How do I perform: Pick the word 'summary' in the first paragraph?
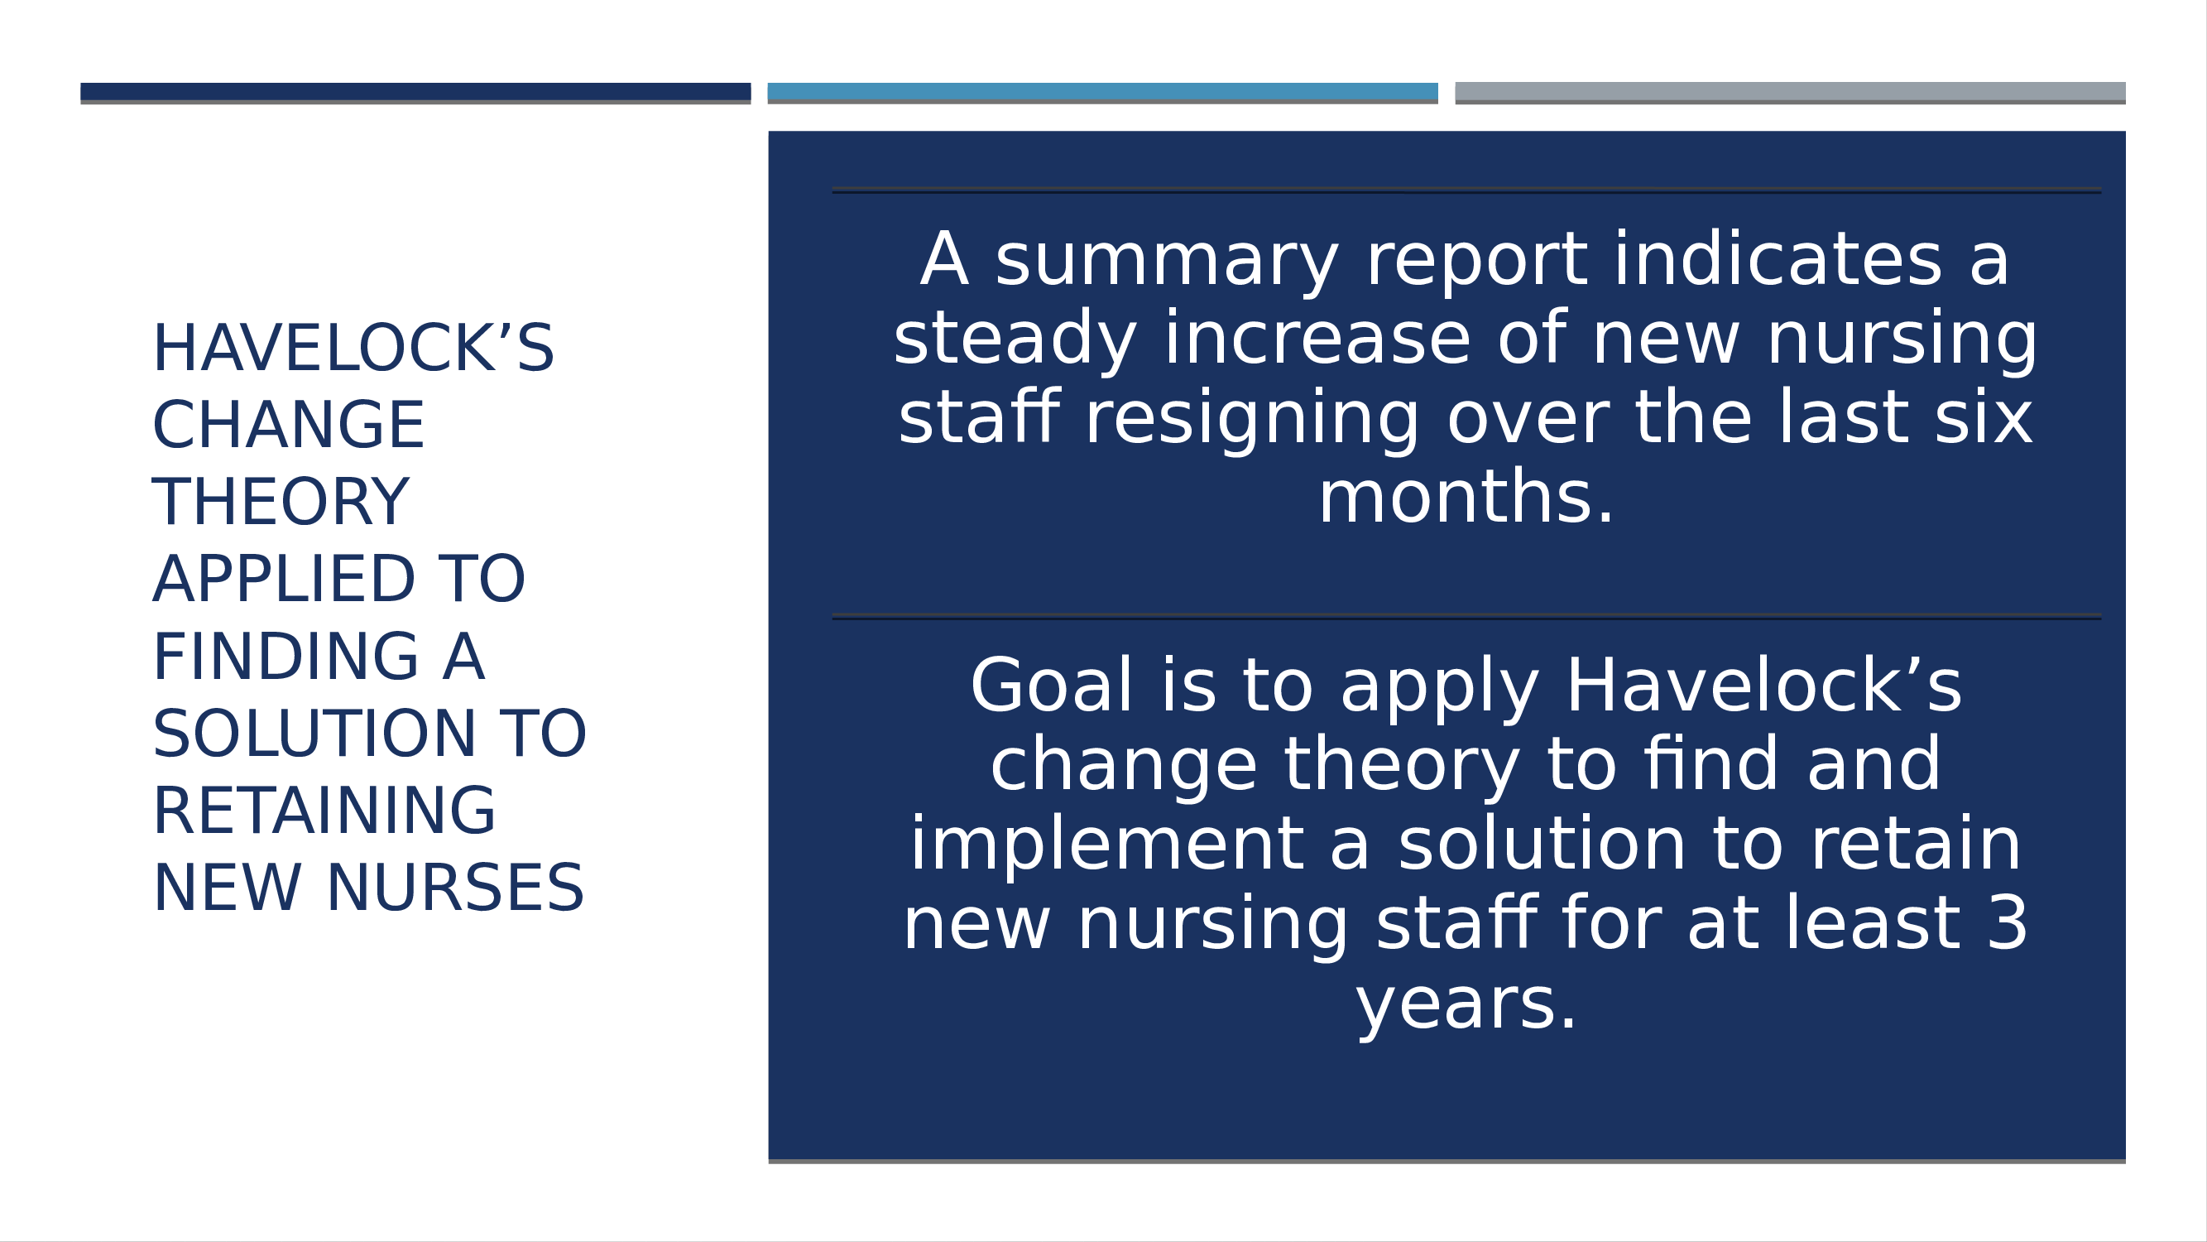(x=1167, y=261)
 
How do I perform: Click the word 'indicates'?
(x=1778, y=259)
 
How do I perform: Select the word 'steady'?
(x=1015, y=339)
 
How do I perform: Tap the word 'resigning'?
(x=1253, y=419)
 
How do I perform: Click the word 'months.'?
(x=1466, y=497)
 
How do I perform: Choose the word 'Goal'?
(x=1052, y=686)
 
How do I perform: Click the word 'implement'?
(x=1107, y=847)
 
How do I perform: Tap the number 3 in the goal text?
(x=2008, y=924)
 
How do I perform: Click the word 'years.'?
(x=1466, y=1006)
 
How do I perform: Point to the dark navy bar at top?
(x=415, y=93)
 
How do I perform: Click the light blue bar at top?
(x=1102, y=93)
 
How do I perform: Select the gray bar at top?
(x=1791, y=93)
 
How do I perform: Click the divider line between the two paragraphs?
(x=1466, y=616)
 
